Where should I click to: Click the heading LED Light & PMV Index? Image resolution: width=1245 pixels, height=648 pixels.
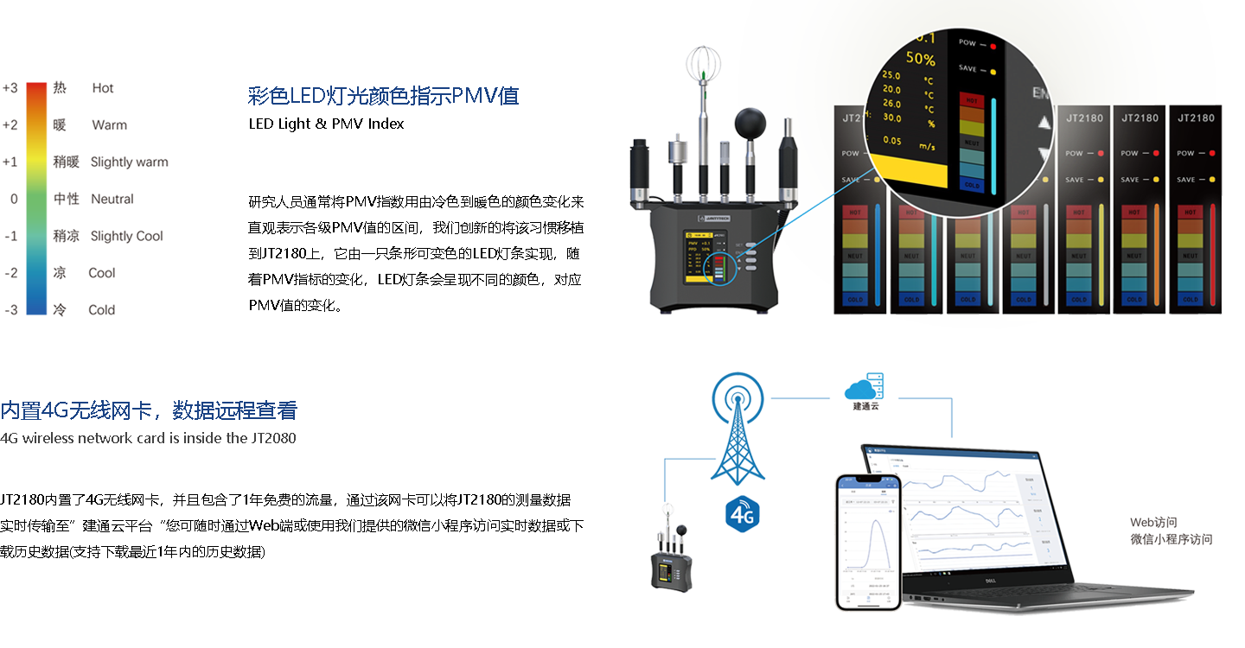click(326, 124)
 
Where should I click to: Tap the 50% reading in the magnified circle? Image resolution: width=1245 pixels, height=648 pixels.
click(920, 60)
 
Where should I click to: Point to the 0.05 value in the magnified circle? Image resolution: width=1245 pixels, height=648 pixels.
click(892, 141)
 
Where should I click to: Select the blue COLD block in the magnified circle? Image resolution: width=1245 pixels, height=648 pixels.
click(972, 183)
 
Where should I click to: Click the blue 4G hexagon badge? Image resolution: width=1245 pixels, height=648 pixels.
click(743, 516)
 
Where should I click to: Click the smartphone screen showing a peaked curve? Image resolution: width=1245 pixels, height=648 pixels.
click(868, 541)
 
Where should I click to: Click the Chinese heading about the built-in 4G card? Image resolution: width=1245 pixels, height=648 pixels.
click(149, 410)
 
